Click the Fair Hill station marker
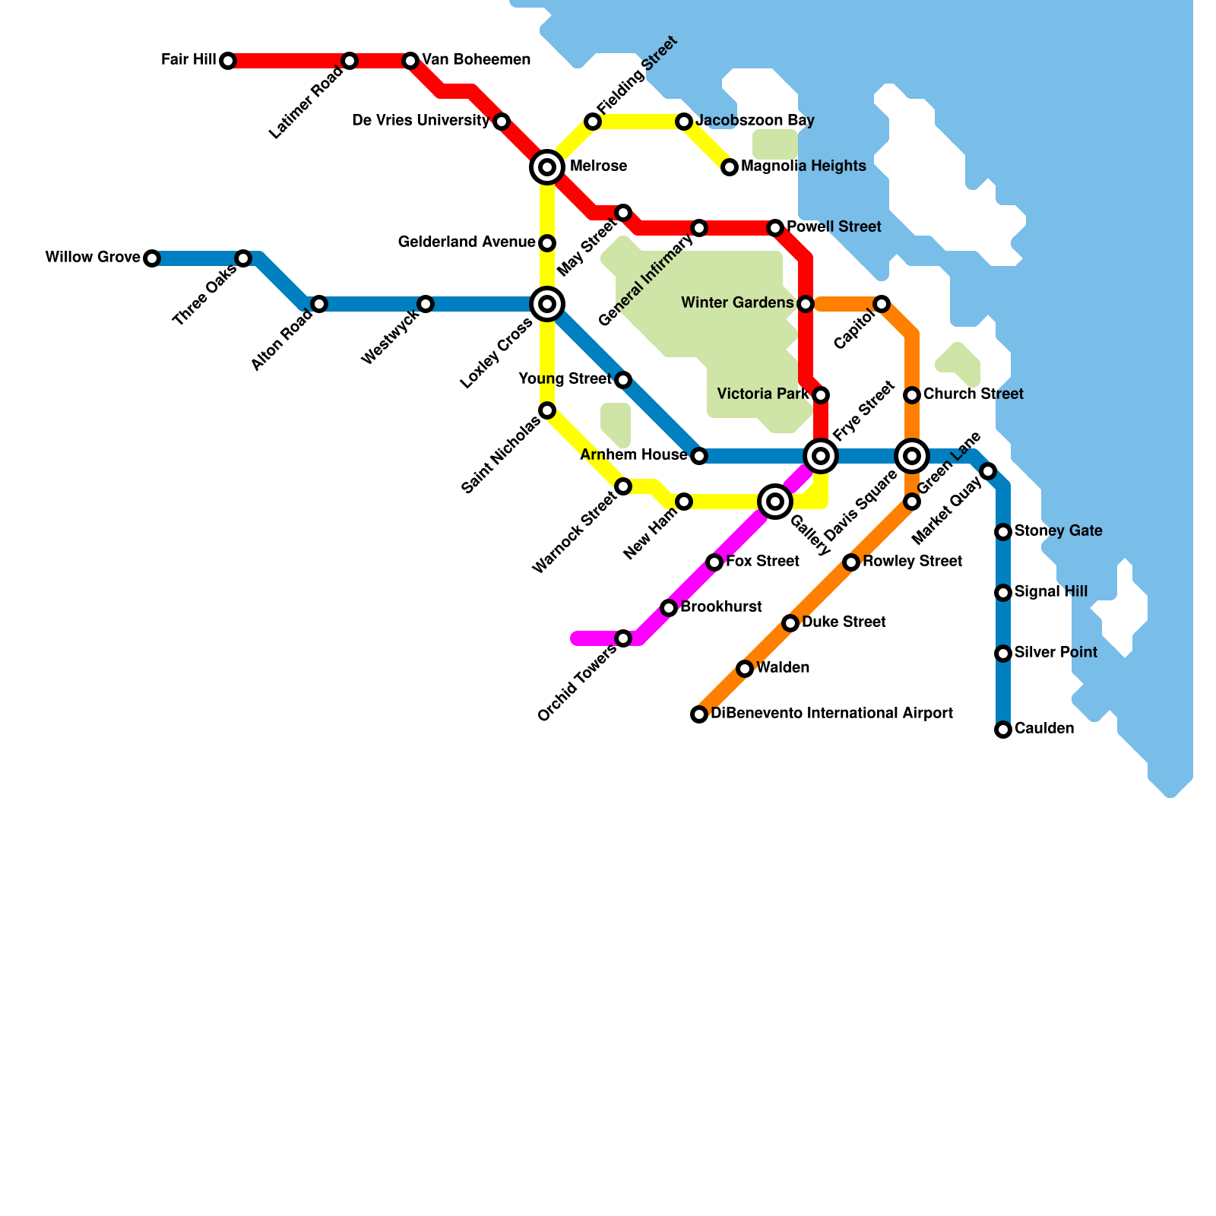click(x=228, y=61)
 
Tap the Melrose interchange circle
click(x=547, y=167)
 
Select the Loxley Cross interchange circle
click(x=547, y=304)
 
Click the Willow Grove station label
click(x=93, y=258)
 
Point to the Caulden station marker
click(x=1003, y=730)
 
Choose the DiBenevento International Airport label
click(x=831, y=714)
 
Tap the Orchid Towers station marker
click(x=623, y=638)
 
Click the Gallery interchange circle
click(x=775, y=502)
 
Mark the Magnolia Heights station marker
click(x=730, y=167)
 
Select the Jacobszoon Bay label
click(x=755, y=121)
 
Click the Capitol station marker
click(x=882, y=304)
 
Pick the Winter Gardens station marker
click(x=806, y=304)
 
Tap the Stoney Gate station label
click(x=1058, y=531)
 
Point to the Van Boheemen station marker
click(x=410, y=61)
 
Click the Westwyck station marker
click(x=426, y=304)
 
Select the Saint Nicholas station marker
click(x=547, y=410)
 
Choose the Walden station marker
click(x=745, y=669)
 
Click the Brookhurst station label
click(x=720, y=607)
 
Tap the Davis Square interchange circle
click(x=912, y=456)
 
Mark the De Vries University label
click(x=421, y=121)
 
